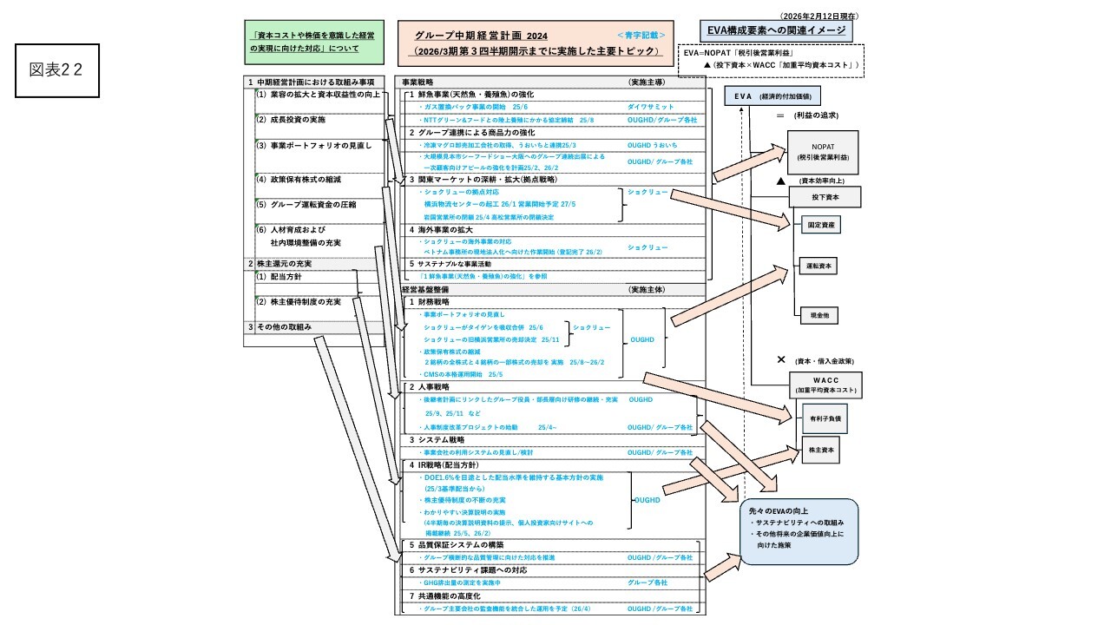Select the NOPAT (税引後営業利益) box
click(x=822, y=152)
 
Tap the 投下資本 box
click(x=824, y=198)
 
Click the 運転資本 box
click(x=818, y=266)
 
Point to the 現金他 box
click(x=818, y=315)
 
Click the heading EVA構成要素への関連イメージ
click(x=775, y=31)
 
